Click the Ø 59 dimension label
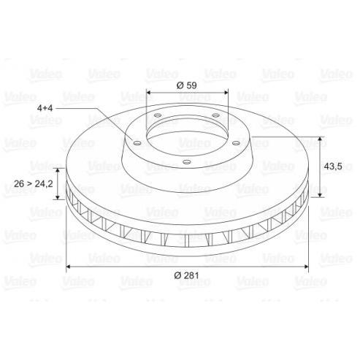pyautogui.click(x=187, y=85)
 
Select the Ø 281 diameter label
pyautogui.click(x=186, y=275)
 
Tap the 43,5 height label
pyautogui.click(x=333, y=166)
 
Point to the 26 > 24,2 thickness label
pyautogui.click(x=34, y=184)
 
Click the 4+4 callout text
pyautogui.click(x=45, y=108)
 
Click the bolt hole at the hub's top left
pyautogui.click(x=158, y=115)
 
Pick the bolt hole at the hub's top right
pyautogui.click(x=215, y=115)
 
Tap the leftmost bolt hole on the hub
pyautogui.click(x=137, y=143)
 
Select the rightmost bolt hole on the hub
pyautogui.click(x=236, y=143)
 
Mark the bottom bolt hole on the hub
pyautogui.click(x=187, y=161)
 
